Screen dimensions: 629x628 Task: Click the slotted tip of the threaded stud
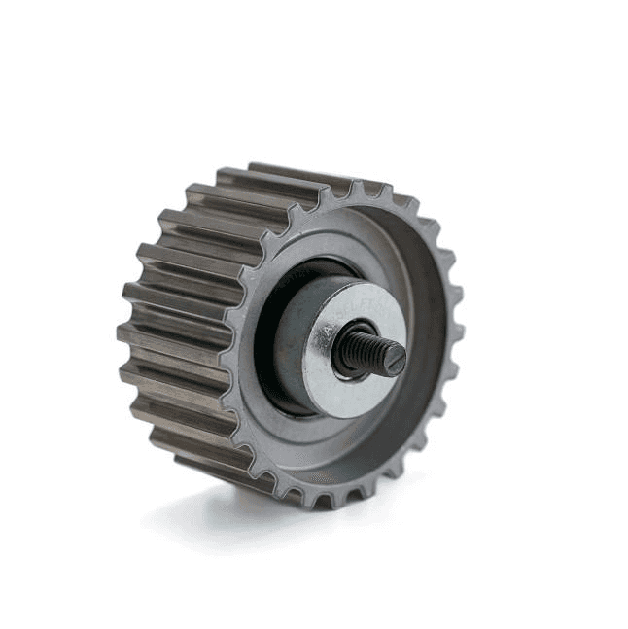point(393,358)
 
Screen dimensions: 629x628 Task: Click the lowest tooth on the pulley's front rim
point(322,502)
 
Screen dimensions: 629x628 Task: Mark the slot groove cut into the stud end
point(395,360)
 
